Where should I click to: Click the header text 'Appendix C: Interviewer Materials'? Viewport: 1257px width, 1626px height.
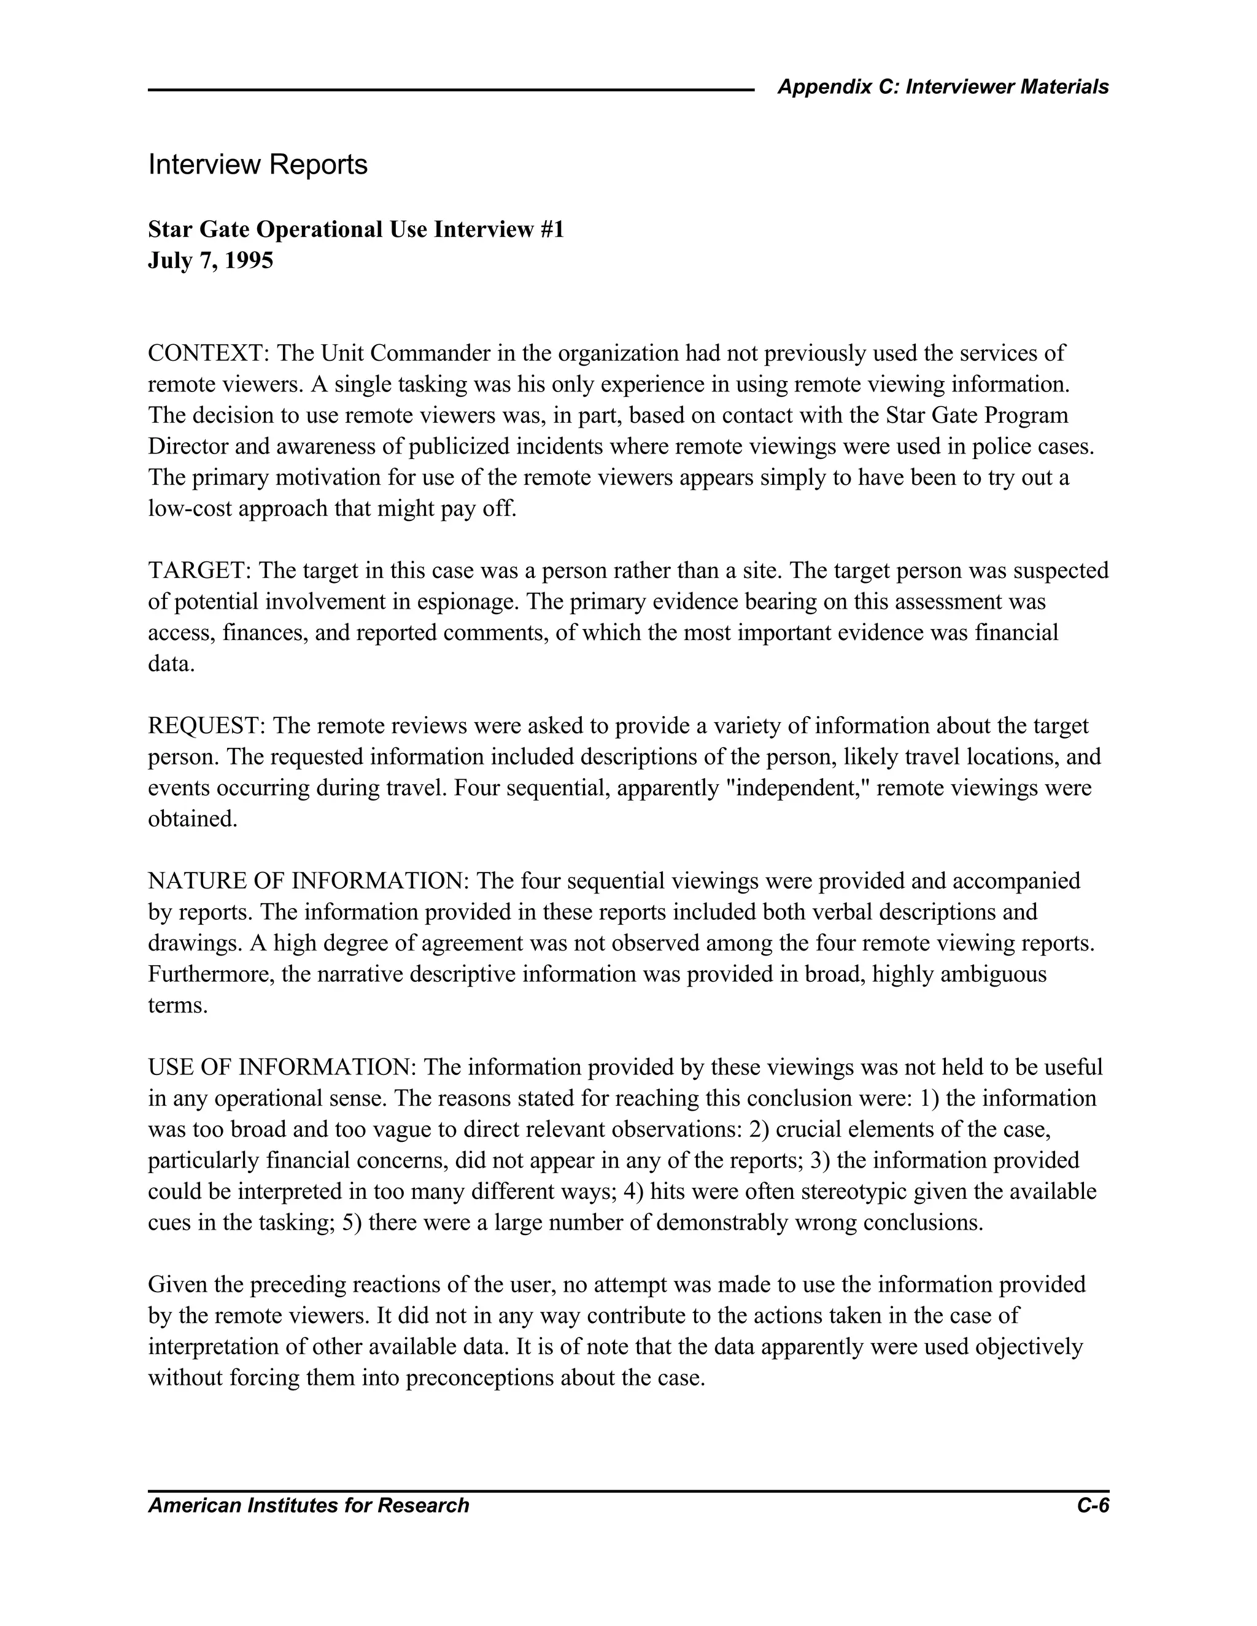(943, 87)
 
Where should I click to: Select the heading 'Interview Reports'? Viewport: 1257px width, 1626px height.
(258, 164)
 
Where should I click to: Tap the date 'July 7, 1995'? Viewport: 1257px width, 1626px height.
(211, 261)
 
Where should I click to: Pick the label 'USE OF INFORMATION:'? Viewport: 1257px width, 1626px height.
(282, 1068)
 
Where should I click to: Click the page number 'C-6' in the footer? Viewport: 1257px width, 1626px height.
(1093, 1505)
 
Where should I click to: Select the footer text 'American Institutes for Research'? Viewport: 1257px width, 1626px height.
(308, 1505)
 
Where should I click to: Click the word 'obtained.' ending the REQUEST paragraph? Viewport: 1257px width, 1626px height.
(192, 820)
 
